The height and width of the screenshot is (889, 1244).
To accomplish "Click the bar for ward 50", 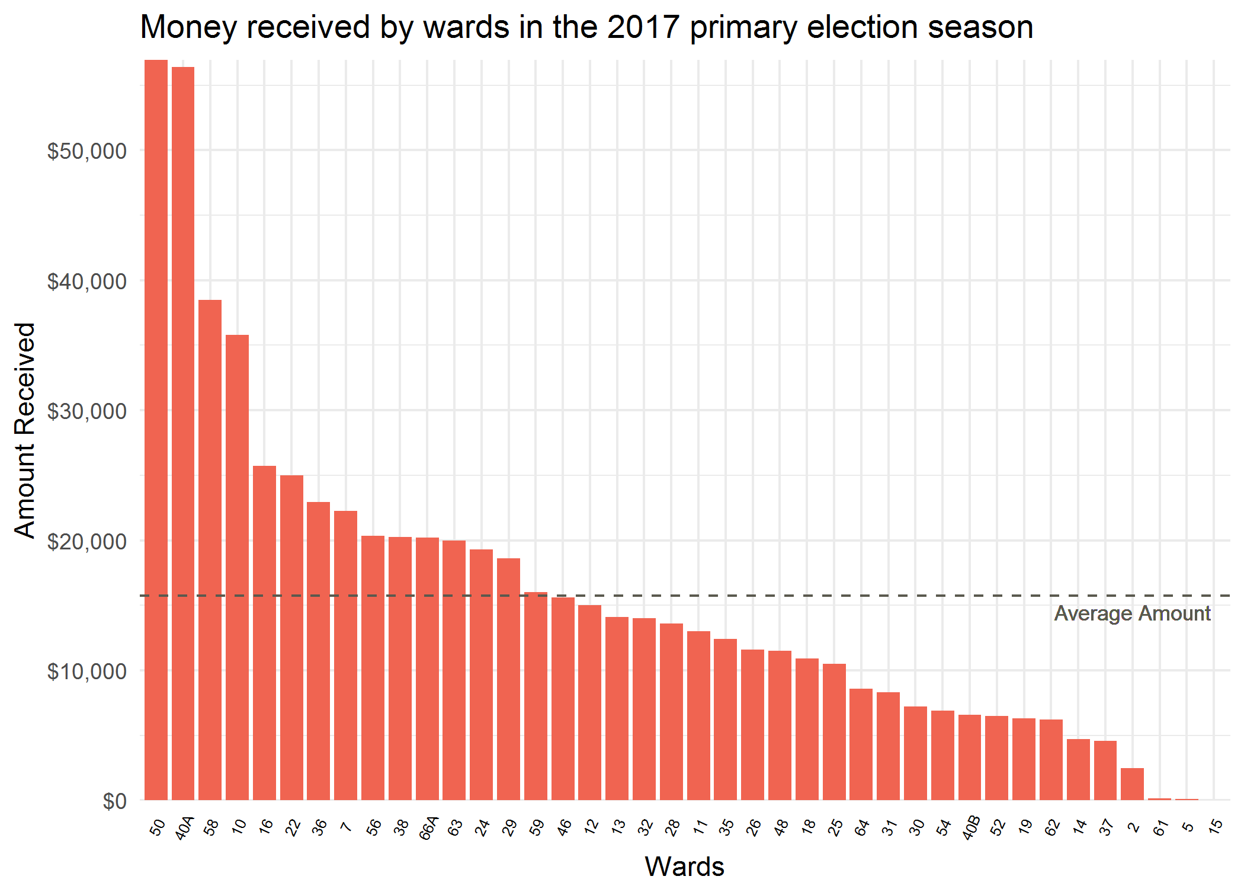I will click(156, 430).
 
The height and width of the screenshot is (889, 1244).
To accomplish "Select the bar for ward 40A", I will click(183, 433).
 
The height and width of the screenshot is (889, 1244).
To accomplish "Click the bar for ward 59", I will click(536, 696).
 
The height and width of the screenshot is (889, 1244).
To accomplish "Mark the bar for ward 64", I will click(861, 744).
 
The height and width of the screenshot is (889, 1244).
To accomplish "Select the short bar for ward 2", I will click(1132, 784).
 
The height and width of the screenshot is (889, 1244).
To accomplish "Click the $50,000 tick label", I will click(87, 151).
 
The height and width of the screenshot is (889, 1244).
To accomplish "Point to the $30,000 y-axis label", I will click(87, 411).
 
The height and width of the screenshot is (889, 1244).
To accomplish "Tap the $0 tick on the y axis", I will click(114, 801).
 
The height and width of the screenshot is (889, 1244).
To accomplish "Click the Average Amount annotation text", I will click(1132, 613).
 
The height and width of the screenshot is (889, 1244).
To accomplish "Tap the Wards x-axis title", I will click(684, 866).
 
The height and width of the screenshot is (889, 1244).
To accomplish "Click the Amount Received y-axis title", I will click(25, 430).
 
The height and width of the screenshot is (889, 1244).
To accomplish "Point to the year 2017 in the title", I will click(643, 27).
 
